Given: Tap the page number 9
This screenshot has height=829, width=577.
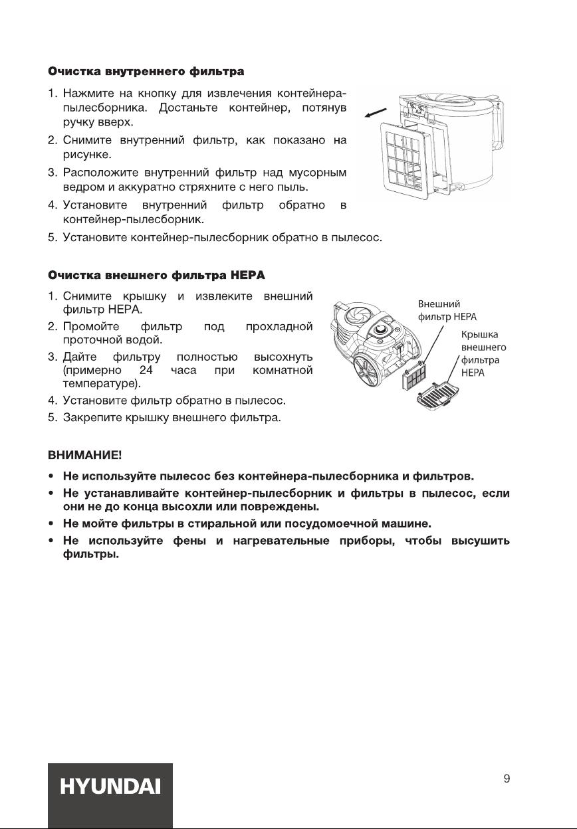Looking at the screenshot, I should click(x=507, y=779).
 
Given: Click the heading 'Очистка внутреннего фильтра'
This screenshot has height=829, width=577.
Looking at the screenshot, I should click(x=146, y=70).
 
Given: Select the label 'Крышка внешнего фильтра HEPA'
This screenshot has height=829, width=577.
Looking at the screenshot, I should click(x=483, y=355).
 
